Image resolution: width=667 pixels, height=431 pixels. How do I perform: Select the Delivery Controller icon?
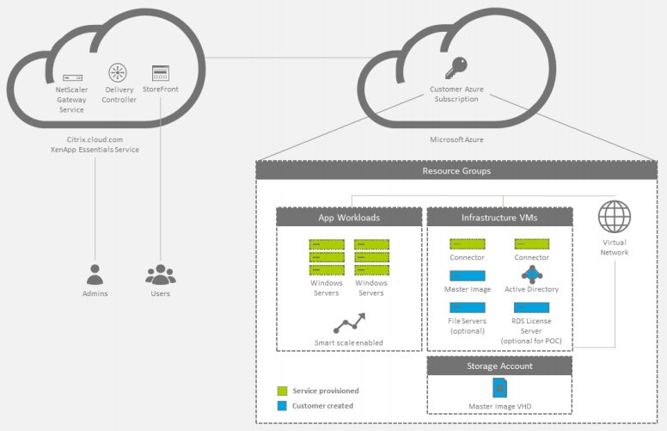(118, 73)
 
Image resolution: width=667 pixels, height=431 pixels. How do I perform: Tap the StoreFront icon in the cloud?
(160, 73)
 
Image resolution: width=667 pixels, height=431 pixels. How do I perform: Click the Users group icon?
(160, 275)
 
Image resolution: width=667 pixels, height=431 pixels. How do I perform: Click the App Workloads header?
(349, 218)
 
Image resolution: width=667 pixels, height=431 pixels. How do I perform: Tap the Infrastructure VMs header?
(499, 218)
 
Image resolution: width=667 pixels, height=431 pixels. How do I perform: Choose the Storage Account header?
(499, 366)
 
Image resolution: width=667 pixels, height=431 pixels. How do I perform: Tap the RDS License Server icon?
(532, 308)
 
